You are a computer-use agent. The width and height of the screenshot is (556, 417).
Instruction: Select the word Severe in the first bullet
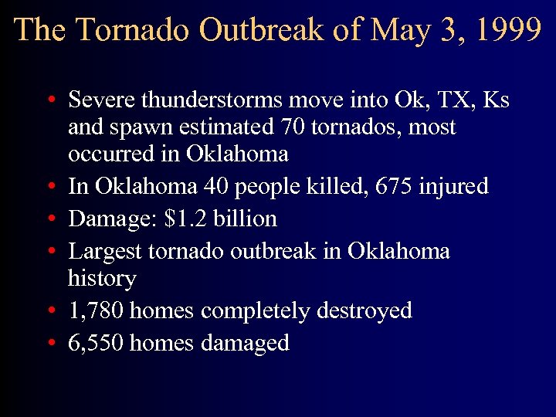coord(99,100)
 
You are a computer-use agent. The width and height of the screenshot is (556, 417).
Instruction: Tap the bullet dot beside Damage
coord(49,219)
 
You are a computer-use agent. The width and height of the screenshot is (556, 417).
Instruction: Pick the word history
coord(102,278)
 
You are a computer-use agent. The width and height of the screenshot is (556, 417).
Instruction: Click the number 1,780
coord(96,310)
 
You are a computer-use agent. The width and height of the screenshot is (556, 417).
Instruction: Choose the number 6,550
coord(96,343)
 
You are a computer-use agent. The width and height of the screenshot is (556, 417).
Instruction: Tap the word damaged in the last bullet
coord(244,343)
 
